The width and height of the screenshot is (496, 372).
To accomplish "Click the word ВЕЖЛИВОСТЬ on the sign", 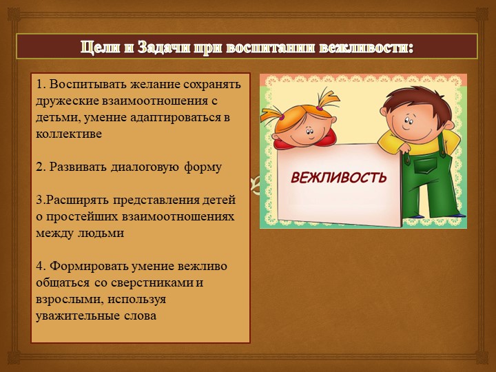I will point(338,178).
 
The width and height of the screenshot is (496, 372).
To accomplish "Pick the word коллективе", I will point(69,134).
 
